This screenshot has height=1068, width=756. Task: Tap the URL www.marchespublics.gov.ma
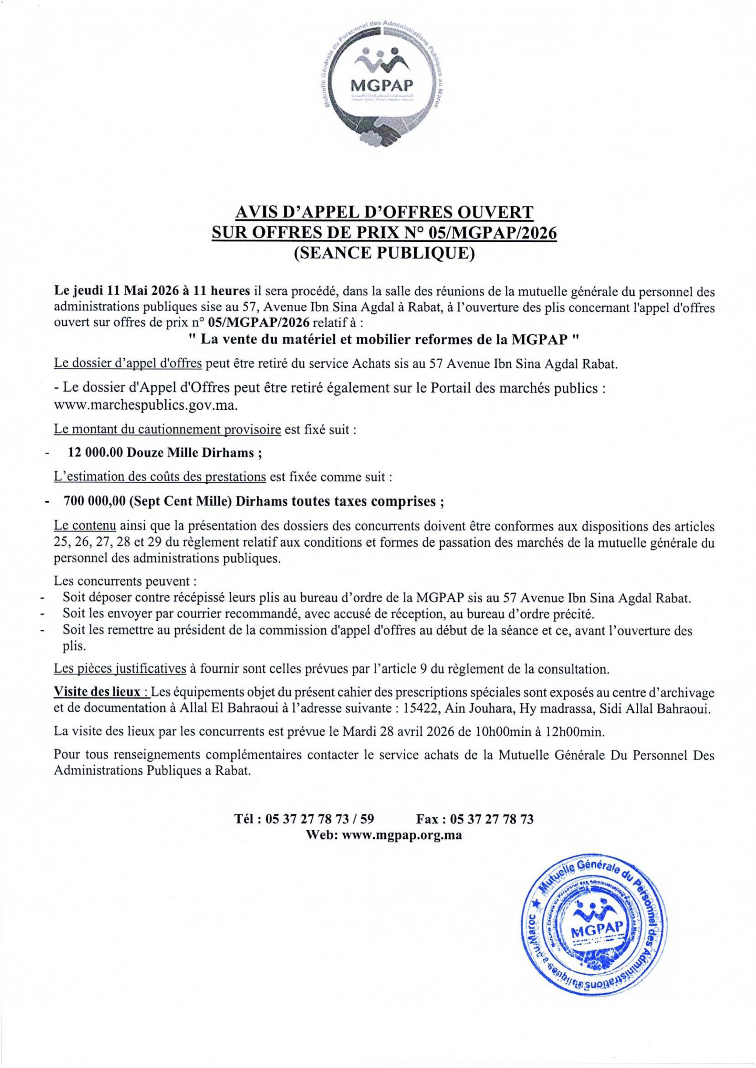(146, 405)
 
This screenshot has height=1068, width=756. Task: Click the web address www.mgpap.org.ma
(402, 835)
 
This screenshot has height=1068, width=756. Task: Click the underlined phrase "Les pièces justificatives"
(120, 669)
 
